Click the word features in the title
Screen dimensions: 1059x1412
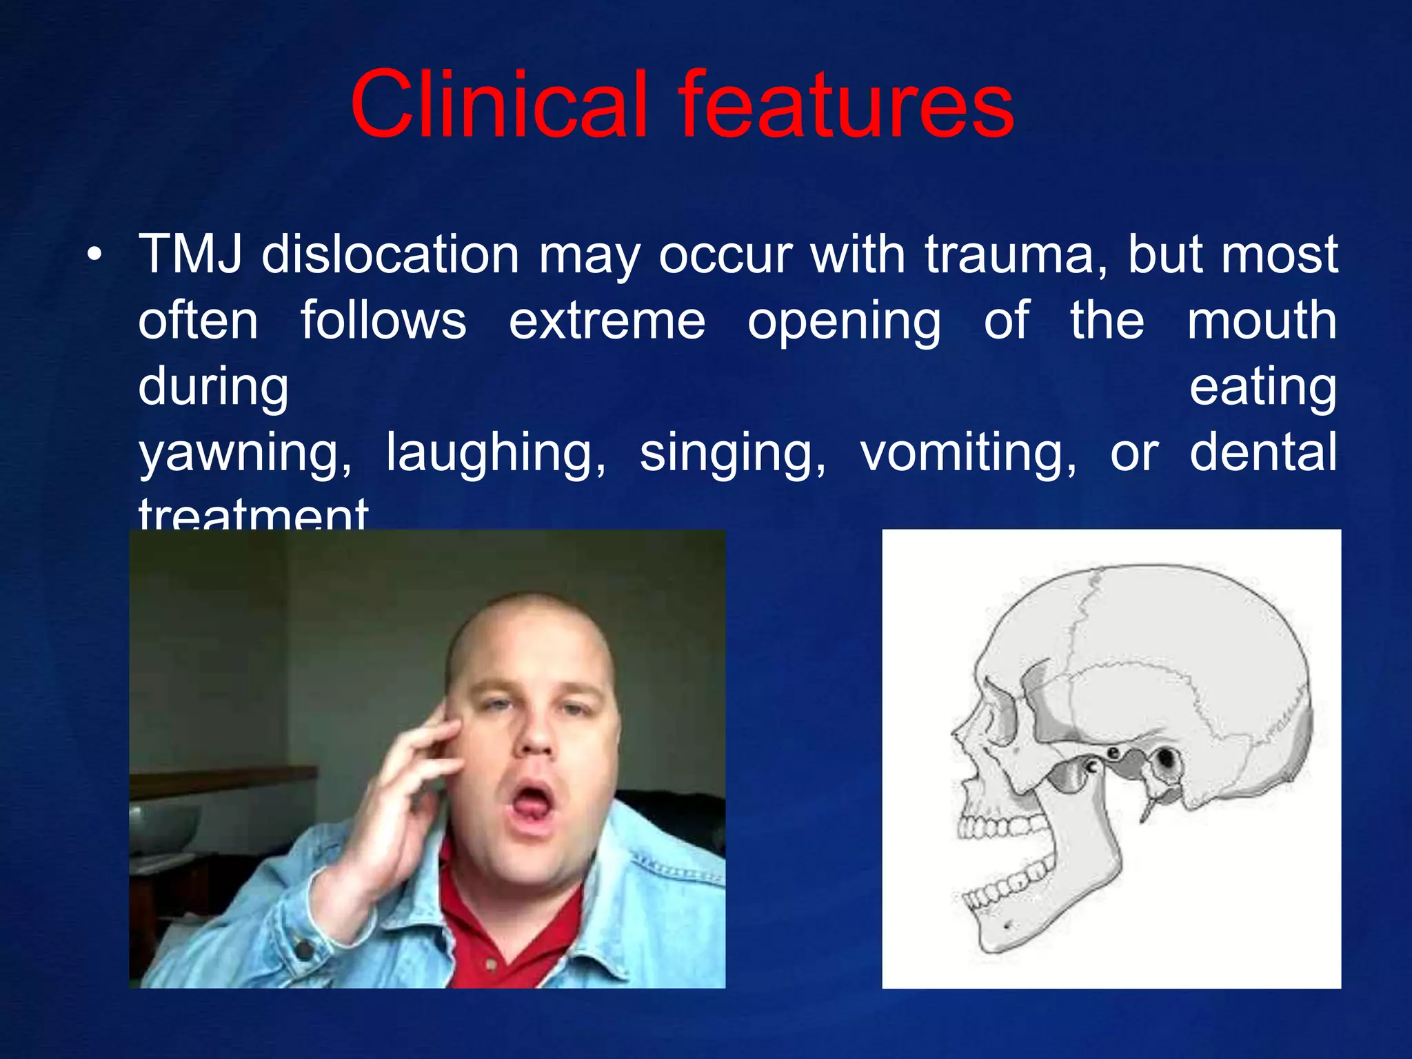846,105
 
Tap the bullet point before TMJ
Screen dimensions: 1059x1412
94,256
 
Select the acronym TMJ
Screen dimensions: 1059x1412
190,254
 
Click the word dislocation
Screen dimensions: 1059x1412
390,254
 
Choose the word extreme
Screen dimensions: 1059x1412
607,321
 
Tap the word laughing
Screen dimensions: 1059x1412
496,454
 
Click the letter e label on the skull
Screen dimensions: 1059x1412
1113,754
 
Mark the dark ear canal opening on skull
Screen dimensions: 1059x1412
1167,760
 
